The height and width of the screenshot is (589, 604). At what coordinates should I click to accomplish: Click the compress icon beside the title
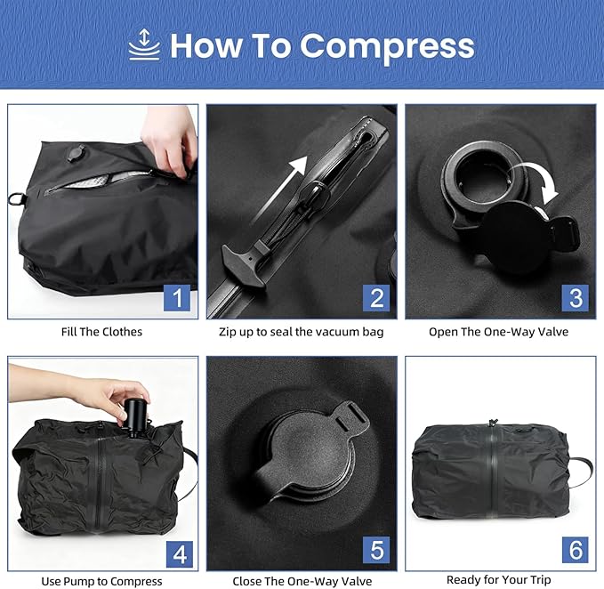pos(143,44)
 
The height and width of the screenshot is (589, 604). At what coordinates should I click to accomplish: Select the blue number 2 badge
pos(377,298)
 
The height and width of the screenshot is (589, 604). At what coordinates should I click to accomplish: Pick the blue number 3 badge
pos(576,298)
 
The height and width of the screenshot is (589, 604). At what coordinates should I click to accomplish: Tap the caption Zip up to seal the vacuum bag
pos(302,332)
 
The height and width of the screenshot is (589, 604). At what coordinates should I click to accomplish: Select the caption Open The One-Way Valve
pos(500,332)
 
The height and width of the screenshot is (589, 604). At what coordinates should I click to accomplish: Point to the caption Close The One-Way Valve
pos(302,581)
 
